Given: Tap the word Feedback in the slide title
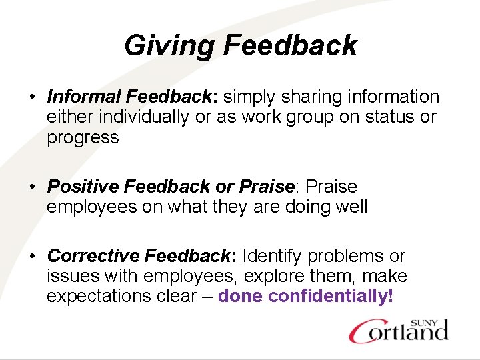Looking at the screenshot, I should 290,46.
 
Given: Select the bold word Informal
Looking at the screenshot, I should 84,97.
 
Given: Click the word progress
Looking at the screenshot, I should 83,138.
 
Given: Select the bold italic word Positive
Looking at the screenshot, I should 84,187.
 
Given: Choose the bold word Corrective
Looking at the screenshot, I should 93,256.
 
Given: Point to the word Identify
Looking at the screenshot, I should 274,256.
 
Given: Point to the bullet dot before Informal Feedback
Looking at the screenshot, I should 31,97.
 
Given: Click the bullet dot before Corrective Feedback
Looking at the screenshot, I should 31,256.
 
